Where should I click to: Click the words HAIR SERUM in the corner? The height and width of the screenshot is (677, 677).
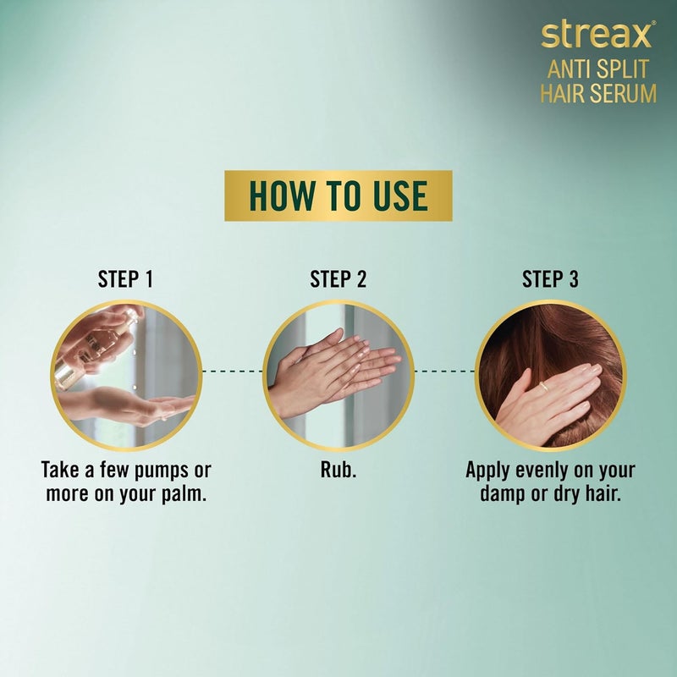[x=598, y=92]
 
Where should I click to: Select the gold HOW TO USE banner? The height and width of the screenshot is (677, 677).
[x=338, y=195]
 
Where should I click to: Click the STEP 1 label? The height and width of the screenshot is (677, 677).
[x=126, y=279]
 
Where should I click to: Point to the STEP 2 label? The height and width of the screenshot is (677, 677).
[x=338, y=279]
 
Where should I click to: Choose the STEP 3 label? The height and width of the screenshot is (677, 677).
[x=550, y=279]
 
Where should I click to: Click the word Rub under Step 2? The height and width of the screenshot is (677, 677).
[x=338, y=471]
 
